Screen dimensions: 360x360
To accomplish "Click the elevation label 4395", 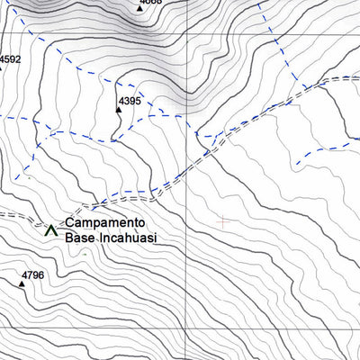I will (x=130, y=101).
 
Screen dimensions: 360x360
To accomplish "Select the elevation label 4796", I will (x=32, y=275).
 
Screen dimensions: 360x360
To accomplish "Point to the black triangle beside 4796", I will (x=22, y=284).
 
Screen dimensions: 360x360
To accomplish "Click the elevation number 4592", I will (x=10, y=60).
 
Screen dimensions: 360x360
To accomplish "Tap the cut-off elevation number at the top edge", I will (x=151, y=2).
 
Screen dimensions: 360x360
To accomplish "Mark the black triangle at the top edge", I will (x=140, y=7).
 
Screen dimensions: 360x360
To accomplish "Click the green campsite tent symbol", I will (x=50, y=229).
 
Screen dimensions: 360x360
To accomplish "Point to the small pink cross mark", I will (x=223, y=220).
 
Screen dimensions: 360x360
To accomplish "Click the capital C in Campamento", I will (x=68, y=222).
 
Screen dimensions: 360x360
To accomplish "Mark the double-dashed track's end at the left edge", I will (x=1, y=216).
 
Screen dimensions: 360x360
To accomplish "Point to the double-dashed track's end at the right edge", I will (x=358, y=79).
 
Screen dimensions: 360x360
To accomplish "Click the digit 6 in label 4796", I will (x=40, y=275).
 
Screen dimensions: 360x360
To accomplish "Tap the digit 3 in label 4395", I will (x=126, y=101).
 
